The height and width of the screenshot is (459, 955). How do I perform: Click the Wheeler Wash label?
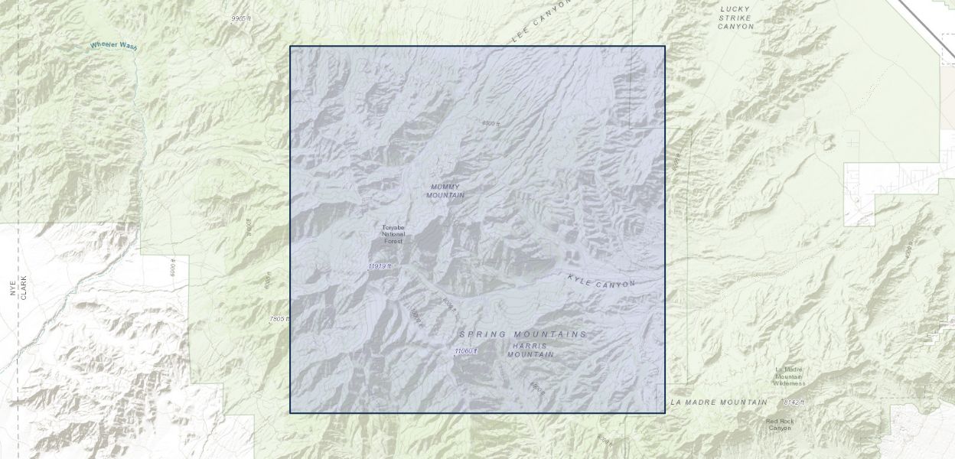click(x=113, y=46)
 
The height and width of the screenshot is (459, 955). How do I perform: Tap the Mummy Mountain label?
click(x=446, y=190)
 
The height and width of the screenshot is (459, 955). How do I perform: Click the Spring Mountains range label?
click(x=523, y=334)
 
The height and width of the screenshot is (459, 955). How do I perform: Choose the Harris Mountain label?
click(x=530, y=350)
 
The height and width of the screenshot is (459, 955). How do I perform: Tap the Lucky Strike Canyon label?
click(x=735, y=18)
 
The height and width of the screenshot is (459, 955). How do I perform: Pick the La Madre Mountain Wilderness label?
click(x=788, y=376)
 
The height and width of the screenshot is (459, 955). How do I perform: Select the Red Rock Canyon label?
click(x=780, y=425)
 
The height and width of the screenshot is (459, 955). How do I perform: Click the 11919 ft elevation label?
click(x=379, y=266)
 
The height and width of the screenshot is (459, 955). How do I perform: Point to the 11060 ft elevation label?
click(x=465, y=351)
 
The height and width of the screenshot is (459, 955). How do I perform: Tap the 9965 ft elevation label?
click(x=241, y=18)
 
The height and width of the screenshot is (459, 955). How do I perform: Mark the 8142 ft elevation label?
click(x=794, y=402)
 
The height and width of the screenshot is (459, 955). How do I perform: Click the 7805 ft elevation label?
click(x=280, y=319)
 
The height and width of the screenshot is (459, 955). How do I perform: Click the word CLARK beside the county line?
click(x=24, y=287)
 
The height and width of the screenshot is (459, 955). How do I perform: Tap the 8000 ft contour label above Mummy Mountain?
click(x=491, y=123)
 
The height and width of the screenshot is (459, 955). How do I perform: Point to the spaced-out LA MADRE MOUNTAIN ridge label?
click(x=719, y=402)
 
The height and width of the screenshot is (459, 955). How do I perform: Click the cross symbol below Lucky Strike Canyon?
click(x=853, y=142)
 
